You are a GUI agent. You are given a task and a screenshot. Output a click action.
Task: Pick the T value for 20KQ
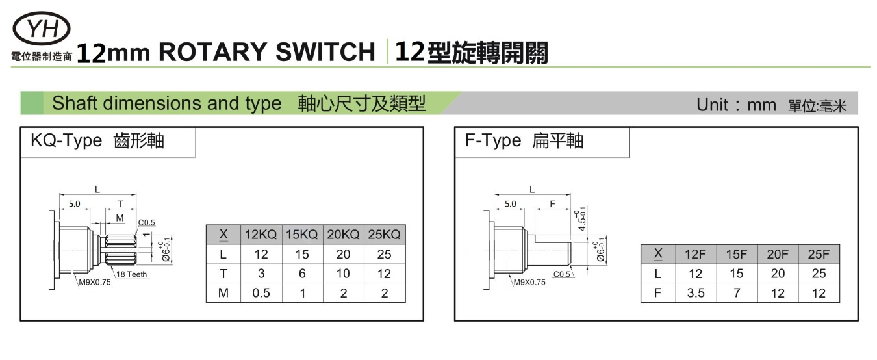[344, 274]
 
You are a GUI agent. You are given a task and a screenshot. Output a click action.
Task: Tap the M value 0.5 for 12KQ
[261, 293]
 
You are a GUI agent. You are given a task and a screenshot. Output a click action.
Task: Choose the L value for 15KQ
[302, 254]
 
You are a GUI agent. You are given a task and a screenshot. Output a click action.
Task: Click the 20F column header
[778, 254]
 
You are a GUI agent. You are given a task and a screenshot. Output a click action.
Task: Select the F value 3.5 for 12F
[695, 293]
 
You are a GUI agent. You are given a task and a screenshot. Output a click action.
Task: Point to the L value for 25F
[819, 274]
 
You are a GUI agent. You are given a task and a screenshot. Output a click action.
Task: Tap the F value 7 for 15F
[737, 293]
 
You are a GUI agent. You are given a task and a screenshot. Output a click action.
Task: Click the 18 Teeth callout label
[132, 274]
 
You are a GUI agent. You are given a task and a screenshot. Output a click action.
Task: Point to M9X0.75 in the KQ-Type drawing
[95, 283]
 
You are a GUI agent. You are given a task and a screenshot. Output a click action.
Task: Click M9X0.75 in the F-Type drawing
[529, 283]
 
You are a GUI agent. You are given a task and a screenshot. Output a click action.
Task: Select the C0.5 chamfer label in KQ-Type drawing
[147, 223]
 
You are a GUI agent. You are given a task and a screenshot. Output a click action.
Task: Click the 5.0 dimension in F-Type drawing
[510, 204]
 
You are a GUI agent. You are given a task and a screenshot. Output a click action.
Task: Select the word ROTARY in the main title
[213, 52]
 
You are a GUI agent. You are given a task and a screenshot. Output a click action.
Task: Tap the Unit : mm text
[736, 105]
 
